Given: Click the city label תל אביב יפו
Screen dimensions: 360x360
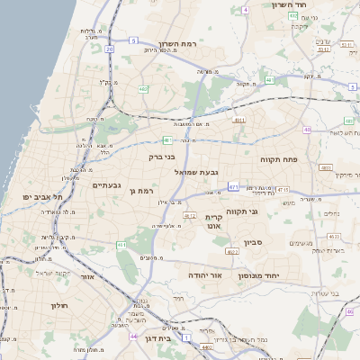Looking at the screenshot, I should [x=41, y=196].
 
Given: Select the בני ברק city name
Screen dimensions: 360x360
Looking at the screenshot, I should [x=162, y=157].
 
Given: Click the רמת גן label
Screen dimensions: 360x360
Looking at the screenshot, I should [x=143, y=191].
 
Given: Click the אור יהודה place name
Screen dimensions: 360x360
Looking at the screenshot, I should [x=204, y=274].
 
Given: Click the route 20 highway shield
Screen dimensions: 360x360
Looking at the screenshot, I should [x=109, y=49].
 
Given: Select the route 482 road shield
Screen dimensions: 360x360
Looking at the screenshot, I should [x=144, y=89].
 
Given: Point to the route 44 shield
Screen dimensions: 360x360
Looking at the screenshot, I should [x=133, y=336].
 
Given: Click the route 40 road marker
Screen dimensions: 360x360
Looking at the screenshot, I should [x=307, y=130].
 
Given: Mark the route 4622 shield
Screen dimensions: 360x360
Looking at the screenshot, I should [x=232, y=252].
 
